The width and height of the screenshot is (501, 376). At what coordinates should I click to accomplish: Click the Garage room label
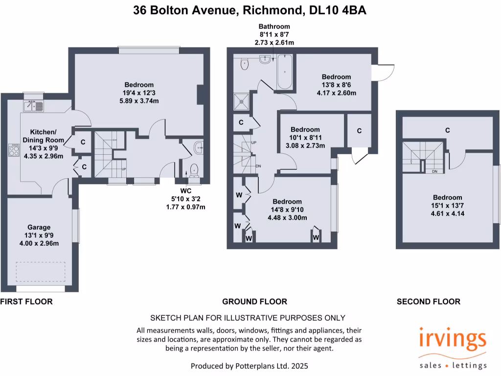coord(39,227)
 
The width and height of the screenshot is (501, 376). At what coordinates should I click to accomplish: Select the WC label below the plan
coord(185,190)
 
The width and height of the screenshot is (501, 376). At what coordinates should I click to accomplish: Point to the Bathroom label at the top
coord(274,26)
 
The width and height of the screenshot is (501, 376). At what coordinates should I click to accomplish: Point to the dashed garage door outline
coord(41,272)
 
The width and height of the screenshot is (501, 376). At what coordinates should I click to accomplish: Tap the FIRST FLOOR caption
coord(26,302)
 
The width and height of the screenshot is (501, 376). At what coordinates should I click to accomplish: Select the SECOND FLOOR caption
coord(428,302)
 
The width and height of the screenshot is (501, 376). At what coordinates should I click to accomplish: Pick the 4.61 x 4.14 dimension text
coord(447,213)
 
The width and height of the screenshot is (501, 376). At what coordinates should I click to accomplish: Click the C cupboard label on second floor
coord(447,130)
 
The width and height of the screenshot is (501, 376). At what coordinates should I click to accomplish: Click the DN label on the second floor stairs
coord(434,172)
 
